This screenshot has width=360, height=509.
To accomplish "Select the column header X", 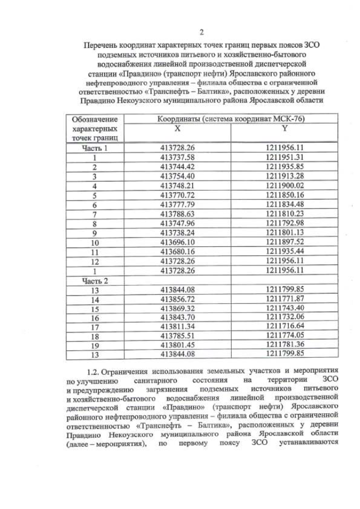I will [177, 129].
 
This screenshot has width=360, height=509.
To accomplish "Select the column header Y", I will [285, 129].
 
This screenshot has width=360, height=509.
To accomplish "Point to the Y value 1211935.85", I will [285, 167].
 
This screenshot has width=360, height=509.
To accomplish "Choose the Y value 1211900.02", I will [285, 186].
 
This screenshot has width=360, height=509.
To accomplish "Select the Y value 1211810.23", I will [285, 214].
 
